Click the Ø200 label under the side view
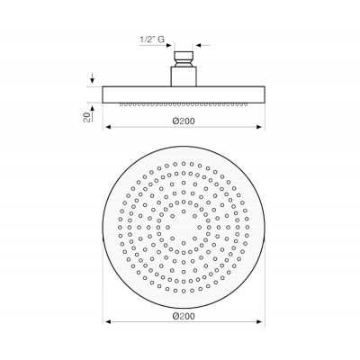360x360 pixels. tap(184, 118)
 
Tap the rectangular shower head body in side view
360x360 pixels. tap(184, 94)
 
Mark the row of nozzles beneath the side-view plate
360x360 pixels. tap(184, 103)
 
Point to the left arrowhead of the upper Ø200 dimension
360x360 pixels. tap(106, 126)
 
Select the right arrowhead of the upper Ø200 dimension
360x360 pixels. tap(261, 126)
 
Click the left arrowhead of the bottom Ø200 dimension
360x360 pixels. tap(106, 322)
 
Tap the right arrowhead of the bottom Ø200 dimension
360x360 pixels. tap(261, 322)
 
